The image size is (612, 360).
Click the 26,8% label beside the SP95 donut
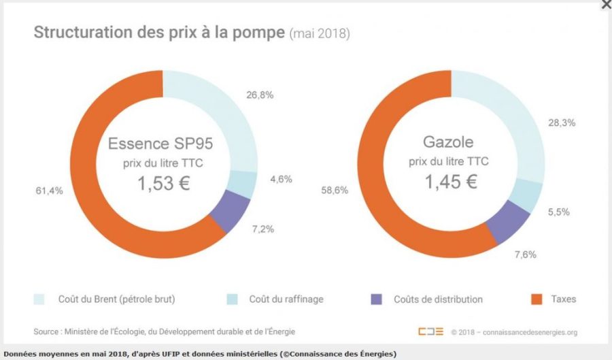pyautogui.click(x=260, y=95)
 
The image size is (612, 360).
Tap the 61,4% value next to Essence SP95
pyautogui.click(x=50, y=191)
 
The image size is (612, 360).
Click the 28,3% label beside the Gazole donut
pyautogui.click(x=562, y=122)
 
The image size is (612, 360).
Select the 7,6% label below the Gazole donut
pyautogui.click(x=525, y=255)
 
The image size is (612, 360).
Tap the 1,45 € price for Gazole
pyautogui.click(x=451, y=182)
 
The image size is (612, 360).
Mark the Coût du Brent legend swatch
pyautogui.click(x=39, y=299)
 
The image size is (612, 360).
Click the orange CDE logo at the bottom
pyautogui.click(x=431, y=331)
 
